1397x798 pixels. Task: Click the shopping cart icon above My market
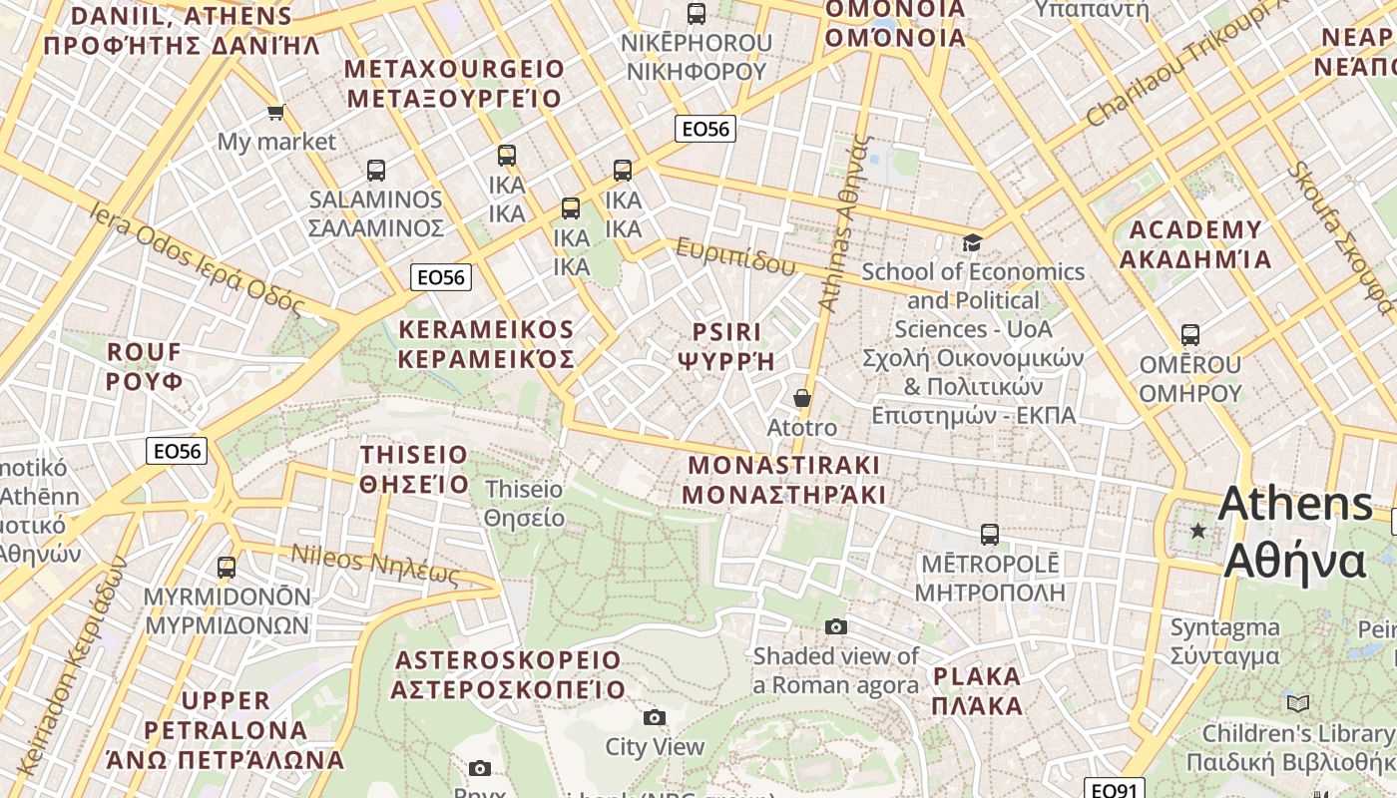275,112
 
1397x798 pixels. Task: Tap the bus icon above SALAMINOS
375,170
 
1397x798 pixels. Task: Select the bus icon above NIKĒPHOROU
697,14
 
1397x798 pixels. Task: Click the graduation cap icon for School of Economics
972,242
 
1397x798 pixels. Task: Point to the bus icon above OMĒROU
1189,335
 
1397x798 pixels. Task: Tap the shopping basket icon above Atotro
802,398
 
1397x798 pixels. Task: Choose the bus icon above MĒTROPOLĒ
989,535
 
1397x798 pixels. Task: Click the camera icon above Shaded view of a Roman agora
836,626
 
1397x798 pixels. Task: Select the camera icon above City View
655,717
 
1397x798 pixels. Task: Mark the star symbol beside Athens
1198,531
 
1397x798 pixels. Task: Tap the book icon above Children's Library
1297,703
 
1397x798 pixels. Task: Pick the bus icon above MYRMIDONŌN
227,568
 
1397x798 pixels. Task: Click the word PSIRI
726,331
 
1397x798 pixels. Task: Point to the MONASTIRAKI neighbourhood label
784,466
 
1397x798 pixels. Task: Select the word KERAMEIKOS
486,330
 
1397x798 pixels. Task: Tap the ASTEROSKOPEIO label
508,660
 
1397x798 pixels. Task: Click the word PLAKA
977,676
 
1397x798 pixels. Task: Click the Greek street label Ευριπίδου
735,256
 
